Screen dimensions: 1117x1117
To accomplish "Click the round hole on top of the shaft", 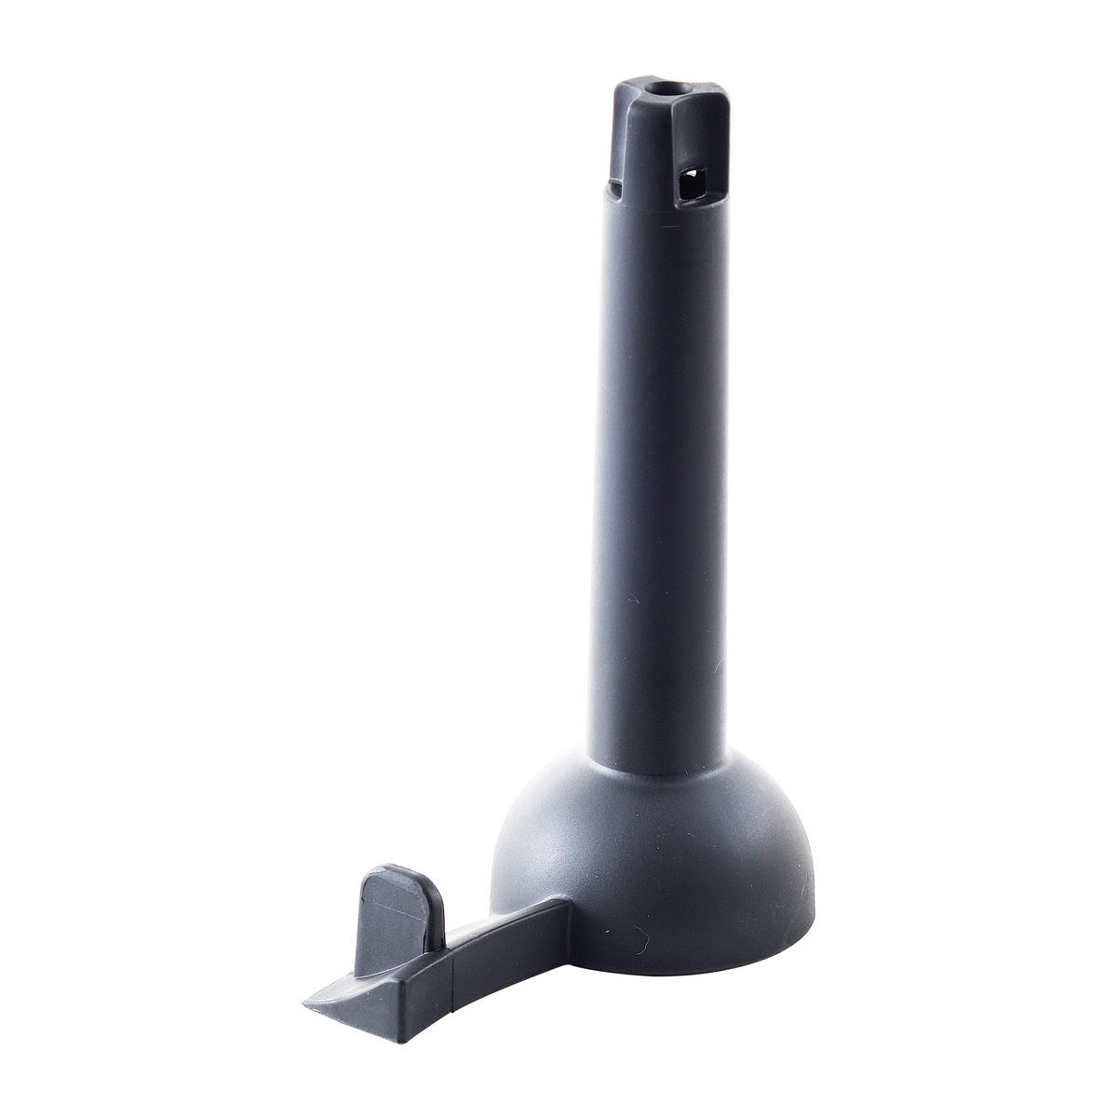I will [x=664, y=92].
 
